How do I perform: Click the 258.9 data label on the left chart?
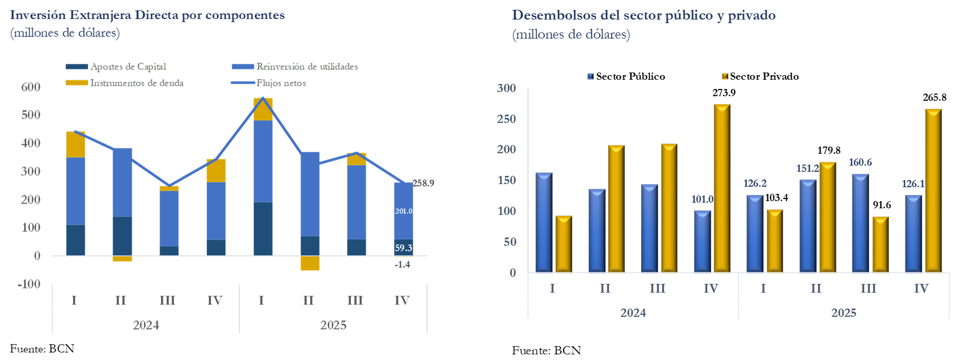pyautogui.click(x=423, y=183)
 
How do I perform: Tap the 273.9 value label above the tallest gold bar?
pyautogui.click(x=724, y=93)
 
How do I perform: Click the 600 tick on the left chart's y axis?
pyautogui.click(x=31, y=87)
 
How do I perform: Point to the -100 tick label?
pyautogui.click(x=29, y=284)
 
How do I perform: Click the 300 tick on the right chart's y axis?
pyautogui.click(x=506, y=88)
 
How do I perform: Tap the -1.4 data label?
pyautogui.click(x=402, y=264)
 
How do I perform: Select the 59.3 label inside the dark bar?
pyautogui.click(x=403, y=248)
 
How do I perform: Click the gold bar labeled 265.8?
pyautogui.click(x=933, y=190)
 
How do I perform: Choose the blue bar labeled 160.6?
pyautogui.click(x=860, y=223)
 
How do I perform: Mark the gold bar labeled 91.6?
pyautogui.click(x=880, y=244)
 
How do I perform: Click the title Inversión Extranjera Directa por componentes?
pyautogui.click(x=147, y=15)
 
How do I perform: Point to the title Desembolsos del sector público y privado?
pyautogui.click(x=644, y=15)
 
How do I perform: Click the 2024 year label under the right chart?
pyautogui.click(x=633, y=313)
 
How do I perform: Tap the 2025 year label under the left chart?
pyautogui.click(x=333, y=325)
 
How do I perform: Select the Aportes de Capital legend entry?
pyautogui.click(x=128, y=66)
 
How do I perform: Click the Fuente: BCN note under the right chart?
pyautogui.click(x=546, y=350)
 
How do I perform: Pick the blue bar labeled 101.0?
pyautogui.click(x=702, y=241)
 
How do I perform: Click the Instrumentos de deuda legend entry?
pyautogui.click(x=137, y=83)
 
